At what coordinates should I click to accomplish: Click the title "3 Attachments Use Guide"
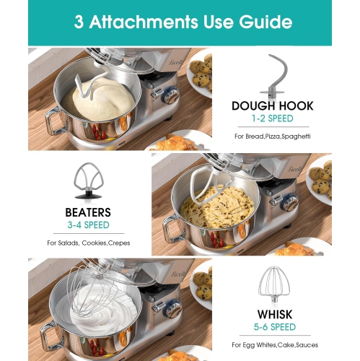[x=180, y=21]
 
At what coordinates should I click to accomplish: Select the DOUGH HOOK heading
[x=272, y=106]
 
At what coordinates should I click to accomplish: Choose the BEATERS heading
[x=88, y=212]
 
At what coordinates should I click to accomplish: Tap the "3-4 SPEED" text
[x=88, y=225]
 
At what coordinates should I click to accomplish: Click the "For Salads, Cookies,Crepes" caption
[x=88, y=243]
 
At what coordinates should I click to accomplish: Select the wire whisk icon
[x=272, y=285]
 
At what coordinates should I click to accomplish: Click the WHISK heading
[x=272, y=315]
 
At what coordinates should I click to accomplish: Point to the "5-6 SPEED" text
[x=272, y=328]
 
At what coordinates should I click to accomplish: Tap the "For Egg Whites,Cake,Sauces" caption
[x=272, y=345]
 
